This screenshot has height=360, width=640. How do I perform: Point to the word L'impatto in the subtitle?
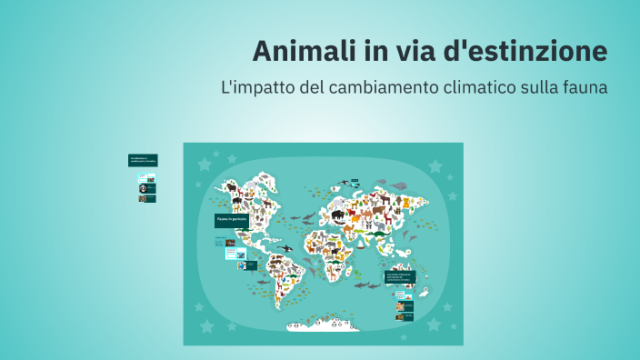click(254, 88)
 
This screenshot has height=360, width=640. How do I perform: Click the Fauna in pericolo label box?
click(232, 221)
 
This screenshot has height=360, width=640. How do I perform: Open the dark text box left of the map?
click(143, 160)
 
